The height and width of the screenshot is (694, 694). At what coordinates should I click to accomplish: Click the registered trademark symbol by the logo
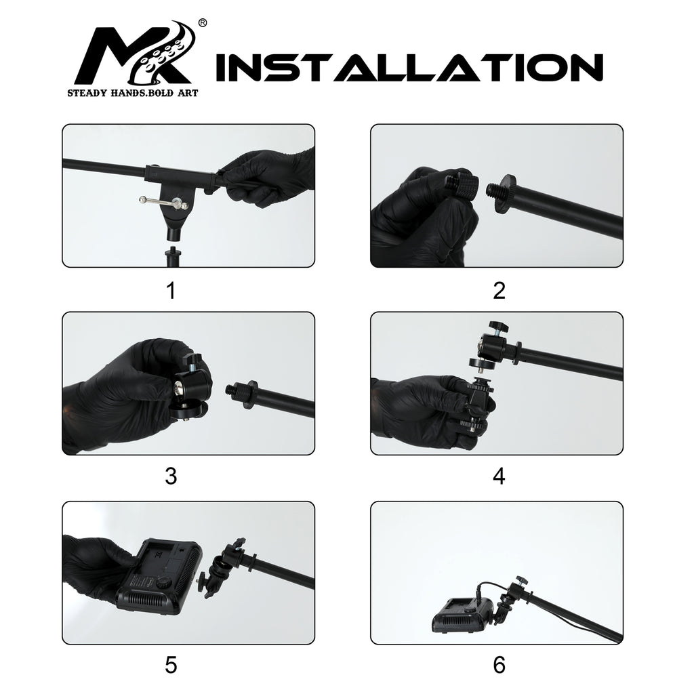click(202, 23)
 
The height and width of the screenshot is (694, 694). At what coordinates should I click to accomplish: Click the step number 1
click(171, 291)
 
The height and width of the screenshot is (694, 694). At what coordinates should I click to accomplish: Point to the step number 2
click(499, 291)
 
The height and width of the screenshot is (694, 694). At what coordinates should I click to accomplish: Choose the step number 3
click(171, 476)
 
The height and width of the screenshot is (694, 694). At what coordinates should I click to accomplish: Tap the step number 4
click(499, 476)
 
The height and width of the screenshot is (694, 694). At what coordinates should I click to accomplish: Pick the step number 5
click(171, 666)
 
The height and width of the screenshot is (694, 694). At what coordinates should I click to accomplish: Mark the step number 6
click(499, 666)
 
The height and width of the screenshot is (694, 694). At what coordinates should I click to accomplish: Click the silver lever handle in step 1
click(159, 200)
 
